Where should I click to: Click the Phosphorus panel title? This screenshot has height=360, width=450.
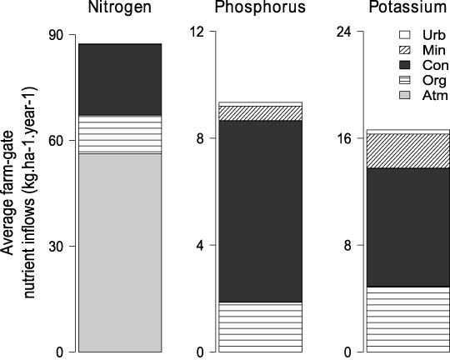(x=260, y=9)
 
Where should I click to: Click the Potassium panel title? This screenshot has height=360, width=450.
(x=407, y=9)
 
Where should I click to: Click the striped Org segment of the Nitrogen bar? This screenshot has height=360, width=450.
(x=119, y=134)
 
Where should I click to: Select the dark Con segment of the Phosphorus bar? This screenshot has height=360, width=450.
(x=260, y=211)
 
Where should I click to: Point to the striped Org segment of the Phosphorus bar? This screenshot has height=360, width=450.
(x=260, y=327)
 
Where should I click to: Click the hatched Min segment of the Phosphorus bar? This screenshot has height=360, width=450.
(x=260, y=113)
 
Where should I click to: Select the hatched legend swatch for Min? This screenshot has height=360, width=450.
(x=405, y=51)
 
